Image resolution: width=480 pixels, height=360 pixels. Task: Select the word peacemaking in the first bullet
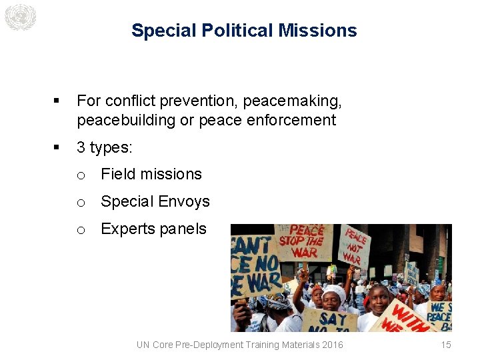coord(293,101)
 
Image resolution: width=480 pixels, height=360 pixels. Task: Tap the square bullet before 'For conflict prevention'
coord(57,101)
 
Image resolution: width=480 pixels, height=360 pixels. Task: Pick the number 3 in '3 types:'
coord(81,147)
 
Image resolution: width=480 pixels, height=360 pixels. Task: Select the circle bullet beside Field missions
coord(80,175)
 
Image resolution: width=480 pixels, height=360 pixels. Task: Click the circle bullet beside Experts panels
coord(80,229)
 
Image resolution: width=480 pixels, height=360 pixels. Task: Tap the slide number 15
coord(446,345)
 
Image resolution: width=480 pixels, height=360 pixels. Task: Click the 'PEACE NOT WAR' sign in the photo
coord(355,245)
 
